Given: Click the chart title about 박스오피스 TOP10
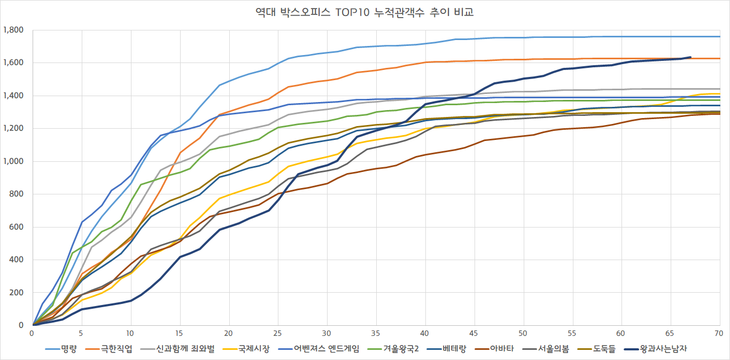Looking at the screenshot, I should click(365, 12).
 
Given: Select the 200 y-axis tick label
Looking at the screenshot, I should click(18, 293).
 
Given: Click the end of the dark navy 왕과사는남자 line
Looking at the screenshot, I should click(690, 57).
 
